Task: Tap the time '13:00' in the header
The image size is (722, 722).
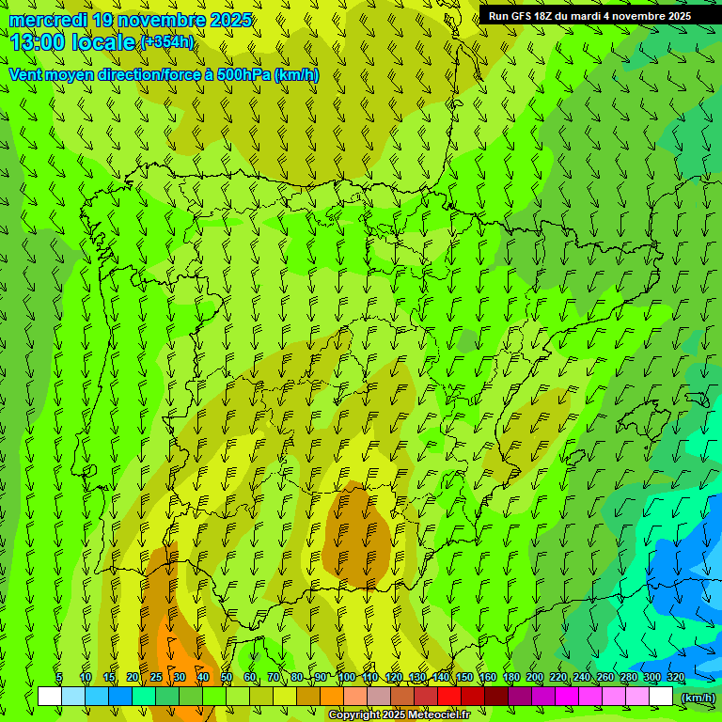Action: pyautogui.click(x=37, y=42)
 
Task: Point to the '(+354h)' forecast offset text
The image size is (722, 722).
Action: pyautogui.click(x=166, y=41)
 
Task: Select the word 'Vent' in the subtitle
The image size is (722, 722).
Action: pyautogui.click(x=25, y=74)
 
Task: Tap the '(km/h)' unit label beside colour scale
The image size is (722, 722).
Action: pyautogui.click(x=697, y=697)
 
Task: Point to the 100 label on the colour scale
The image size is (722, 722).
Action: pyautogui.click(x=346, y=677)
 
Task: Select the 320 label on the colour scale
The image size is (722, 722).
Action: pyautogui.click(x=675, y=677)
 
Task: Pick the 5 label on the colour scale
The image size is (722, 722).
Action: pyautogui.click(x=59, y=677)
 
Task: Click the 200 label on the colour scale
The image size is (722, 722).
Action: pyautogui.click(x=534, y=677)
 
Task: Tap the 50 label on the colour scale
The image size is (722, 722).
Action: pyautogui.click(x=227, y=677)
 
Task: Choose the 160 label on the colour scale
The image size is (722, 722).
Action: pyautogui.click(x=487, y=677)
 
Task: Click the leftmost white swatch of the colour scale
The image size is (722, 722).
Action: pyautogui.click(x=50, y=697)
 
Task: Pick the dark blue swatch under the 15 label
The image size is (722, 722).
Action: pyautogui.click(x=120, y=697)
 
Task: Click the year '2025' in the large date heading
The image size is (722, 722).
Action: pyautogui.click(x=228, y=20)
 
